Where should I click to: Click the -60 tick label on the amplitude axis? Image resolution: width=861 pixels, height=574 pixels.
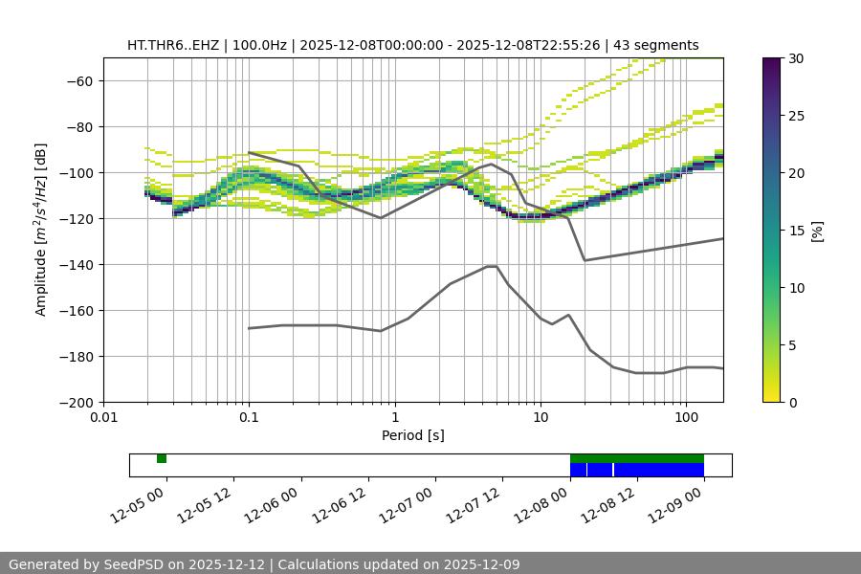[78, 80]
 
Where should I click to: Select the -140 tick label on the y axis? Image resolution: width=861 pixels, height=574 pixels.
[75, 264]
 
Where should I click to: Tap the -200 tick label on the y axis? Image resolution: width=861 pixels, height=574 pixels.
[75, 402]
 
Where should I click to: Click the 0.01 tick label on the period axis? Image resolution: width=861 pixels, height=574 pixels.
[103, 418]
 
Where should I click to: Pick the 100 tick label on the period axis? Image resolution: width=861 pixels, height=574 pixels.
[686, 418]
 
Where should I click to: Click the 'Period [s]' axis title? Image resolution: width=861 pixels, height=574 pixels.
[412, 435]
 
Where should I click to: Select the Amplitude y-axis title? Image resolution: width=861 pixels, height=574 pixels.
[40, 230]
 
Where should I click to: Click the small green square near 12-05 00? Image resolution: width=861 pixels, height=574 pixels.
[162, 458]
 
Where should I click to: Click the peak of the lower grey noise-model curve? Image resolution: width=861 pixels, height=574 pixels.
[492, 266]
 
